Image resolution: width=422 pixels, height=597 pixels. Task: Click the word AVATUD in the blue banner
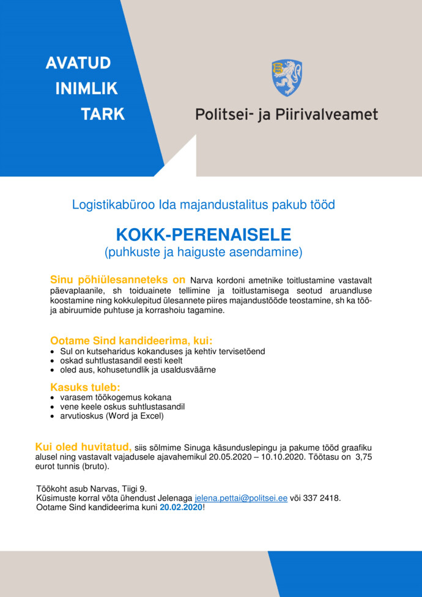click(x=78, y=63)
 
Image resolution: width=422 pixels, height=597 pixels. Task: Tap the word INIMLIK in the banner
click(x=86, y=89)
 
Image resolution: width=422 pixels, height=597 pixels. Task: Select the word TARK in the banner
click(x=102, y=114)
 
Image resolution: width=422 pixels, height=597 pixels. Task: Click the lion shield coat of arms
click(x=286, y=77)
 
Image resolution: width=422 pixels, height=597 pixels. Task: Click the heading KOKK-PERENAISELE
click(x=204, y=235)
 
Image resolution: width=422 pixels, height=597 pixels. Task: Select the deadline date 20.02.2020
click(x=180, y=508)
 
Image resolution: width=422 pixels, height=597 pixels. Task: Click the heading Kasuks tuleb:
click(x=85, y=387)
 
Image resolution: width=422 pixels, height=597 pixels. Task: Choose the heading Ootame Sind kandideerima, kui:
click(x=131, y=341)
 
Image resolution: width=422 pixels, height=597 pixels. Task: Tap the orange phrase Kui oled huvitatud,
click(x=83, y=447)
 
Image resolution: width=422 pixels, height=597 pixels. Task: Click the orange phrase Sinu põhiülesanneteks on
click(x=117, y=280)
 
